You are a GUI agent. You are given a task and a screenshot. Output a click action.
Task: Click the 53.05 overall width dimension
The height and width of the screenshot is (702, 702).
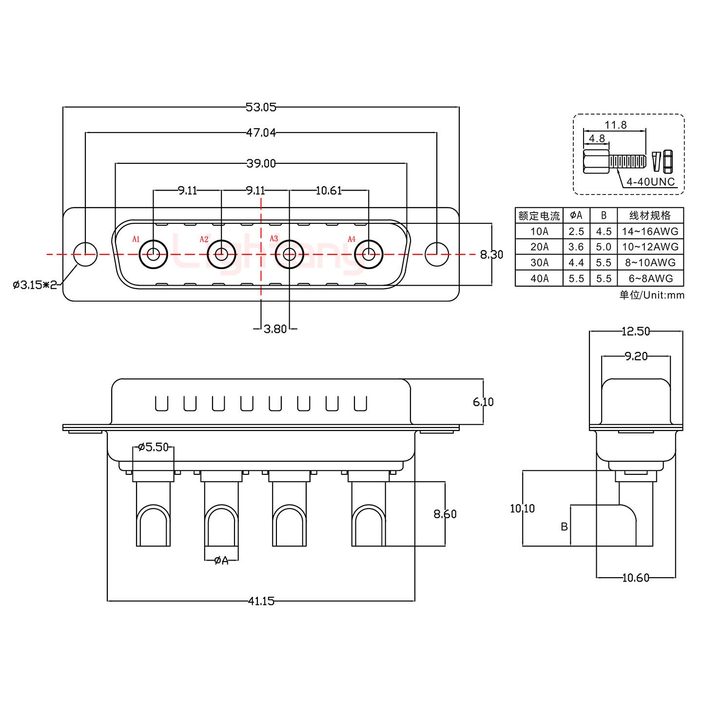click(x=261, y=107)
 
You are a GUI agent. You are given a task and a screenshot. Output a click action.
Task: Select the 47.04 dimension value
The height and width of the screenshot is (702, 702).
click(x=261, y=132)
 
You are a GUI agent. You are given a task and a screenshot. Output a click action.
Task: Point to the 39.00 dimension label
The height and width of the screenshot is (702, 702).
click(x=261, y=163)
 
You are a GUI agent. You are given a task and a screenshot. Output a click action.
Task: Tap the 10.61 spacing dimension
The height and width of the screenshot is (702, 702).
click(x=329, y=190)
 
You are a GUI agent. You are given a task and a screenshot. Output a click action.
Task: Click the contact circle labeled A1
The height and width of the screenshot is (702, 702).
click(x=154, y=254)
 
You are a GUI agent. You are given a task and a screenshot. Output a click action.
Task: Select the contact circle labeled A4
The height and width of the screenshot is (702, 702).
click(x=369, y=254)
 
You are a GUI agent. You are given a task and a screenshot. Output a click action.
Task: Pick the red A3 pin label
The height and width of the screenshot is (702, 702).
click(x=274, y=239)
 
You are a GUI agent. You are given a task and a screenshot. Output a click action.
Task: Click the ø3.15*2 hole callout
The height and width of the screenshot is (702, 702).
click(x=35, y=284)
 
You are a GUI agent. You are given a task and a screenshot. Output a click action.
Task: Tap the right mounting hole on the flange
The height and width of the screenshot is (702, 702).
click(x=437, y=254)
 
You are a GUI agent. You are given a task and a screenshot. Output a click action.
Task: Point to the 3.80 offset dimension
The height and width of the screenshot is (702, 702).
click(x=275, y=329)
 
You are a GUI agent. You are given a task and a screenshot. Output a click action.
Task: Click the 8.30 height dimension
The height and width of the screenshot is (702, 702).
click(x=491, y=254)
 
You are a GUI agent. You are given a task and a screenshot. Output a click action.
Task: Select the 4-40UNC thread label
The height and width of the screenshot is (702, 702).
click(x=650, y=182)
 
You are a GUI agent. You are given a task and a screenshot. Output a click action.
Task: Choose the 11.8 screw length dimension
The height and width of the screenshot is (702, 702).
click(x=615, y=125)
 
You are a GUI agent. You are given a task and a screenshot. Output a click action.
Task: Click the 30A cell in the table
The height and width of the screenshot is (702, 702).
click(x=539, y=263)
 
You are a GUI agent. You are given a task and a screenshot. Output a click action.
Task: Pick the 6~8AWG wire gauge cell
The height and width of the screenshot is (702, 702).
click(x=650, y=278)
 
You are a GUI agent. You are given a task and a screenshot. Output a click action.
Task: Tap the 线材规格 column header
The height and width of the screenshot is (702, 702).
click(x=650, y=215)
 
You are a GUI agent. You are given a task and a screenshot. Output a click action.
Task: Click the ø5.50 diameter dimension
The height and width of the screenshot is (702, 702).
click(x=153, y=447)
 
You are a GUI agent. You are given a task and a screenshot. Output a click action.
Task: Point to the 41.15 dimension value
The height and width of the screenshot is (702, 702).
click(x=261, y=601)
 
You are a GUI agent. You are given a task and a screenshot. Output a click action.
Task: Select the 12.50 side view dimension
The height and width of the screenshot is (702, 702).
click(x=636, y=331)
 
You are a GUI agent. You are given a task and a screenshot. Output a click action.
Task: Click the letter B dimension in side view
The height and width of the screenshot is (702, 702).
click(x=564, y=526)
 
